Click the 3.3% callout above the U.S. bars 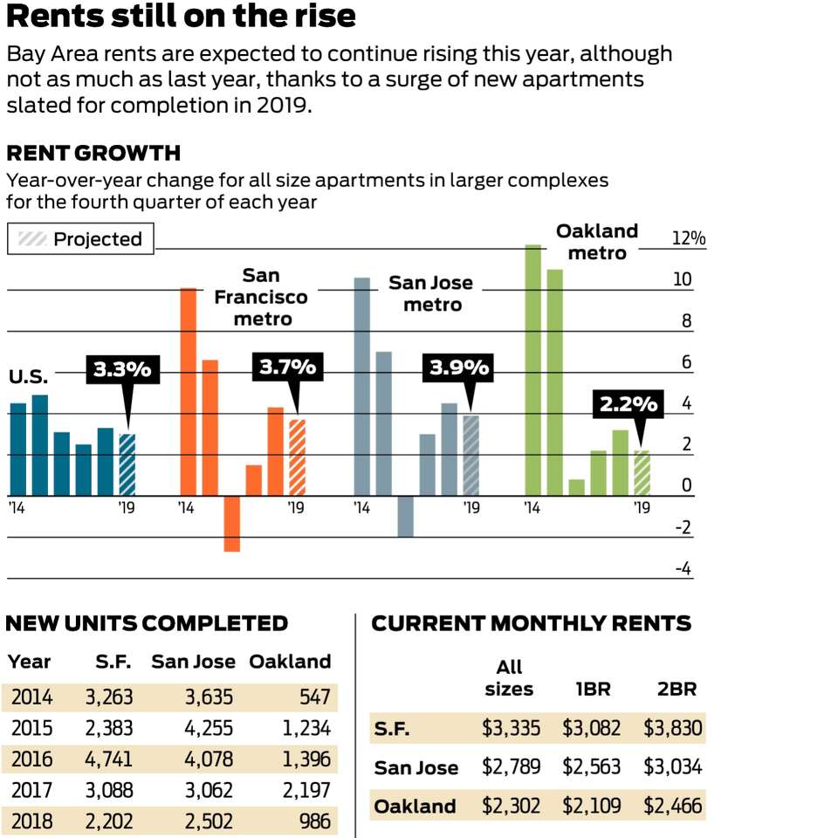122,370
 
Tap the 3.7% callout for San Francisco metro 287,367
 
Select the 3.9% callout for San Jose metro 458,368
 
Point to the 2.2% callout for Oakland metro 628,404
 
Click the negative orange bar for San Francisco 231,524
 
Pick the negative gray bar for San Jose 405,516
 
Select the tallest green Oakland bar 532,370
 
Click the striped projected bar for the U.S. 127,464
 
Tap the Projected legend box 80,239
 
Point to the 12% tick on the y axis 688,239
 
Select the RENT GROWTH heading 93,154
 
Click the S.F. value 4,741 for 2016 108,759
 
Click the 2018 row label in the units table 31,821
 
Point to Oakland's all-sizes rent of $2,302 511,805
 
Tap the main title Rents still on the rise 181,16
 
